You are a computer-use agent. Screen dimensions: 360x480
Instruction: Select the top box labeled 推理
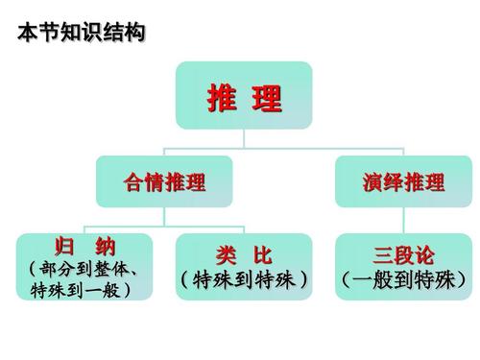point(244,95)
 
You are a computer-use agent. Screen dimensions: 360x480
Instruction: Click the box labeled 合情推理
point(165,181)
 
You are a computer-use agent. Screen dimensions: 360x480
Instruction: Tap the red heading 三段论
point(403,255)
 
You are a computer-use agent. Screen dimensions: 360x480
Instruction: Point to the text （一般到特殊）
point(403,280)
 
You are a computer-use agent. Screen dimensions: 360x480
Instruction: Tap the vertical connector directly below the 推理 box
point(244,136)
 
